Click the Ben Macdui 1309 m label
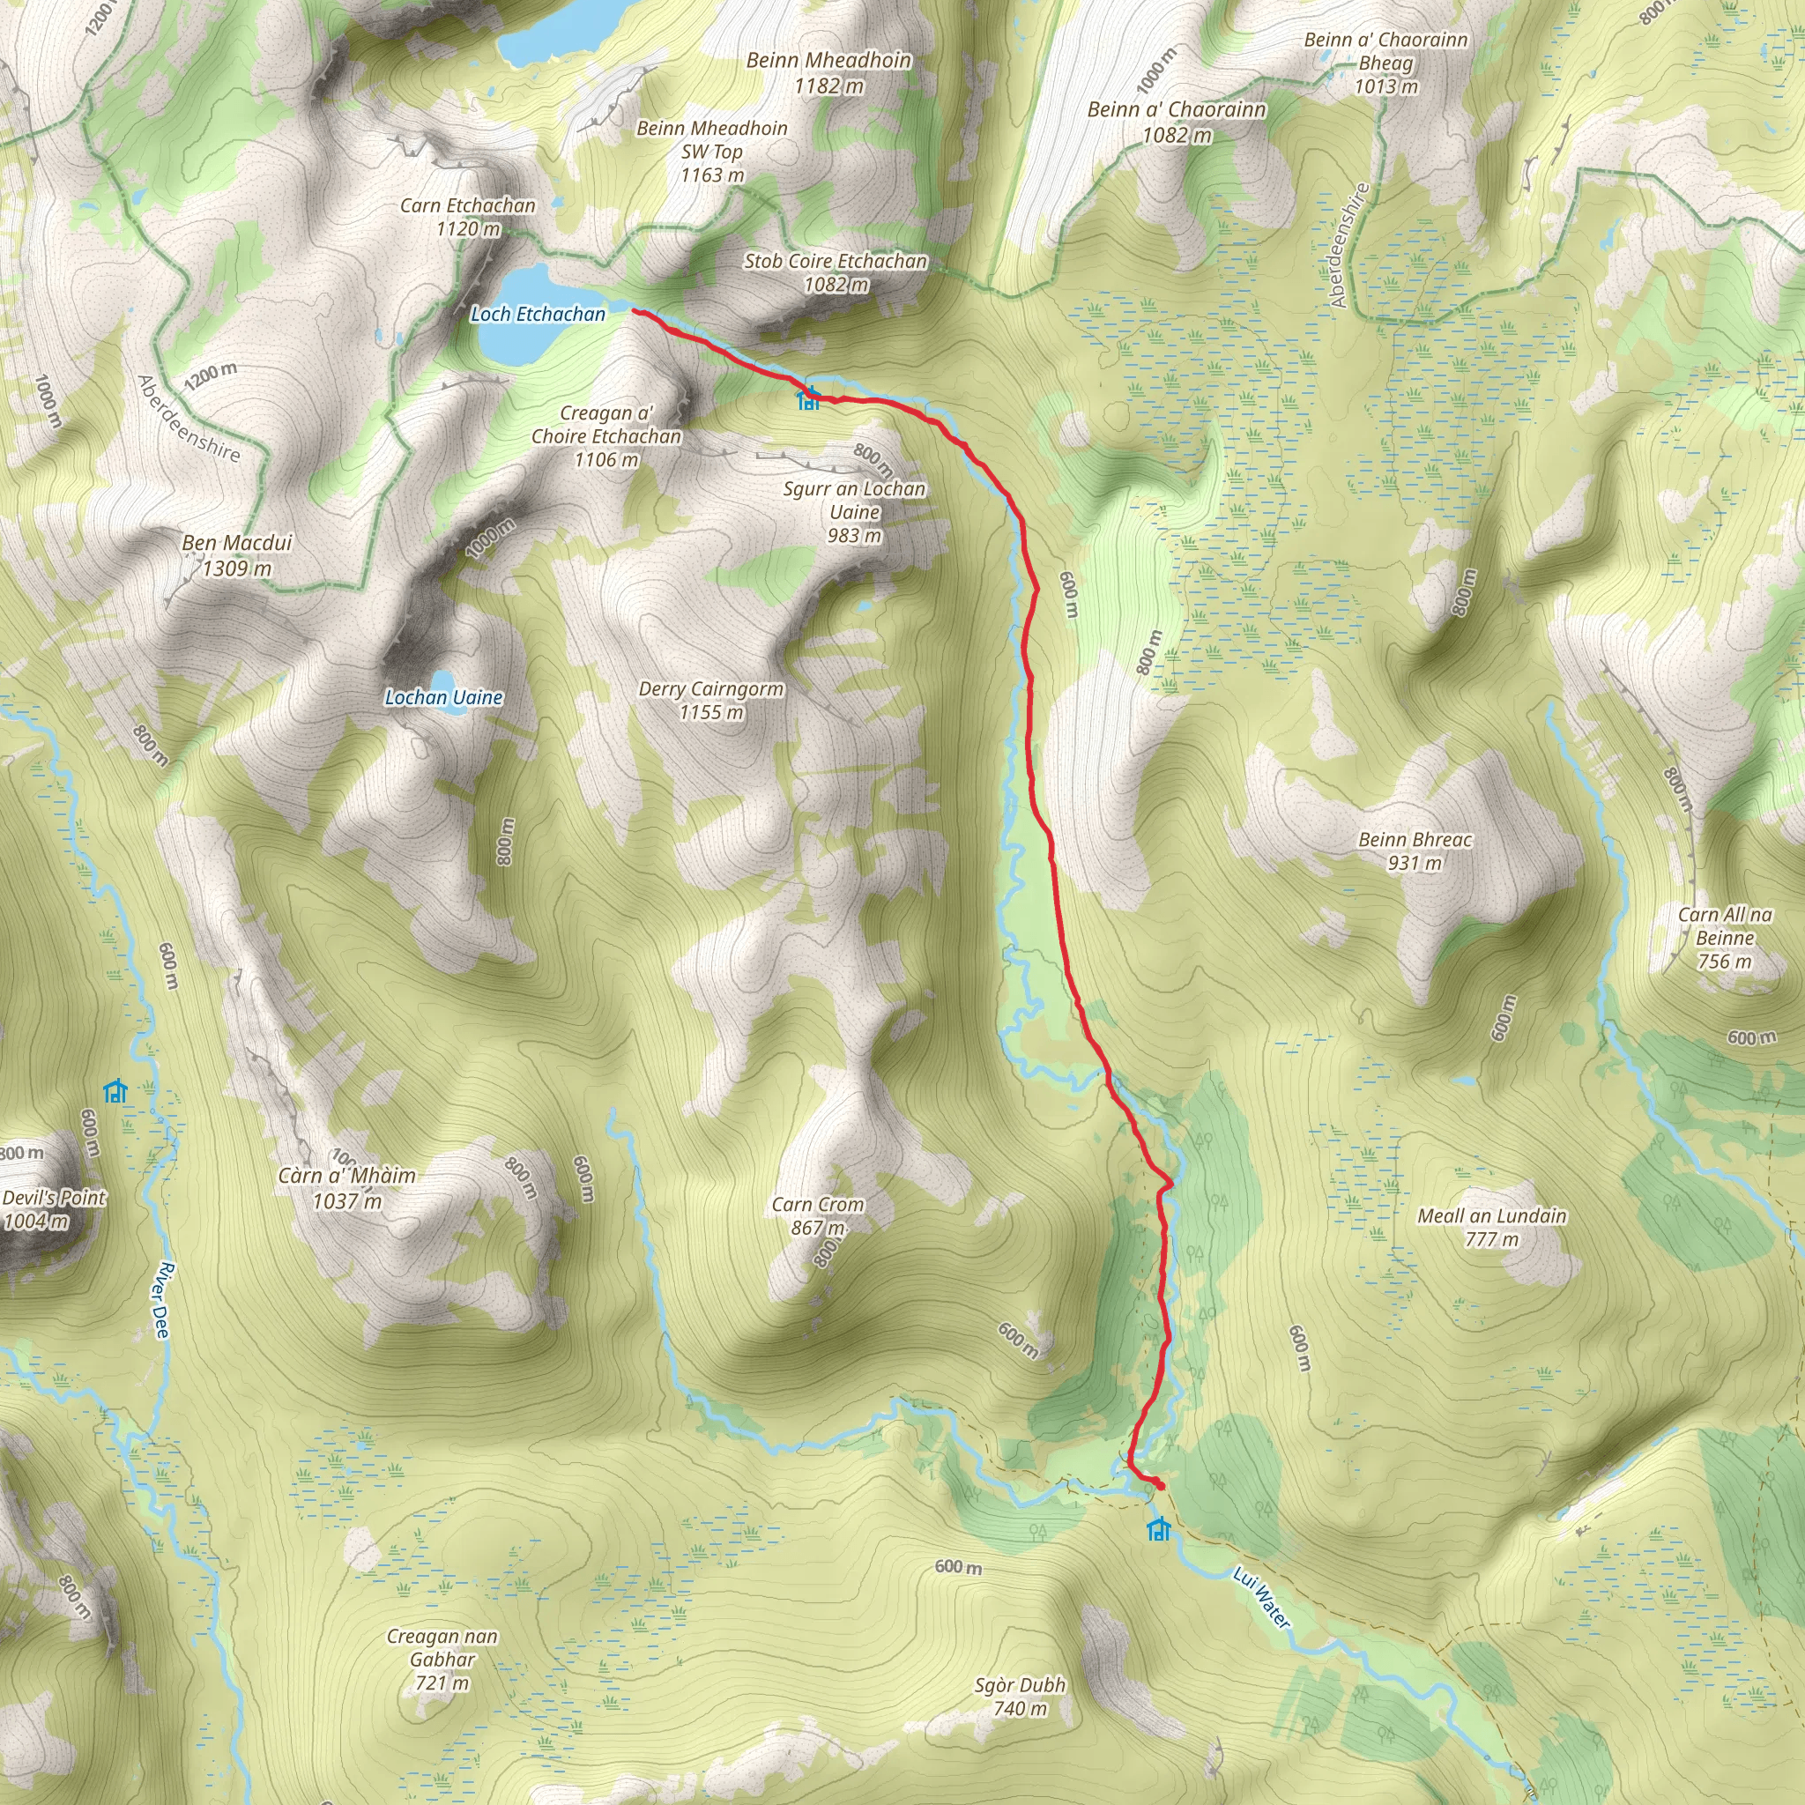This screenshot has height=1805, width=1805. tap(237, 555)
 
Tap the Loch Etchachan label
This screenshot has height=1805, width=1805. tap(538, 314)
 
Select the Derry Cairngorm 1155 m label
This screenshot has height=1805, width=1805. tap(711, 700)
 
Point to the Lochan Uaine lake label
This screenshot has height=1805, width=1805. tap(444, 697)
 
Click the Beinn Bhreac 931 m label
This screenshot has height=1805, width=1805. tap(1415, 851)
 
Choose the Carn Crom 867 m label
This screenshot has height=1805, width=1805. tap(818, 1215)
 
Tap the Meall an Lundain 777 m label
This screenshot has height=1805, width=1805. tap(1491, 1227)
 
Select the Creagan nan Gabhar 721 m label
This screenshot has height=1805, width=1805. tap(442, 1660)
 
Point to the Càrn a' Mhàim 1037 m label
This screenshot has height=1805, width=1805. tap(346, 1187)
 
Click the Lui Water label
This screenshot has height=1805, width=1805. tap(1261, 1599)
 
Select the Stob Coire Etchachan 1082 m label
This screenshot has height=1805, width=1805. tap(836, 271)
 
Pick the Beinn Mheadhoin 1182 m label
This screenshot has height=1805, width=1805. tap(828, 72)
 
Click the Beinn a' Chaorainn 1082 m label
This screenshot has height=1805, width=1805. tap(1177, 122)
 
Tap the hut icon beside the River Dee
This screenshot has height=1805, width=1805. tap(115, 1090)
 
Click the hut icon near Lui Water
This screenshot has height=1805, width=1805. tap(1158, 1529)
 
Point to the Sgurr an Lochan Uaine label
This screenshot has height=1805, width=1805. tap(854, 511)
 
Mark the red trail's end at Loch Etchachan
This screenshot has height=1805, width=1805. tap(635, 310)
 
